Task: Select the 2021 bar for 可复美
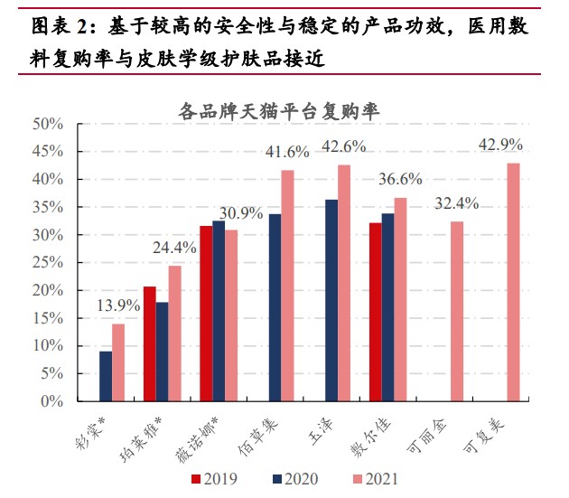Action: pos(513,282)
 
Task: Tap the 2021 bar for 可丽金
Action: pos(457,311)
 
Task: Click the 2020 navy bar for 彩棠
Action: pos(106,376)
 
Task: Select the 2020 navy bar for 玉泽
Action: pos(331,300)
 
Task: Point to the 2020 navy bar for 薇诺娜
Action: pos(219,311)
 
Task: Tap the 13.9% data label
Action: pos(117,305)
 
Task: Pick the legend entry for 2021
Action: pos(365,479)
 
